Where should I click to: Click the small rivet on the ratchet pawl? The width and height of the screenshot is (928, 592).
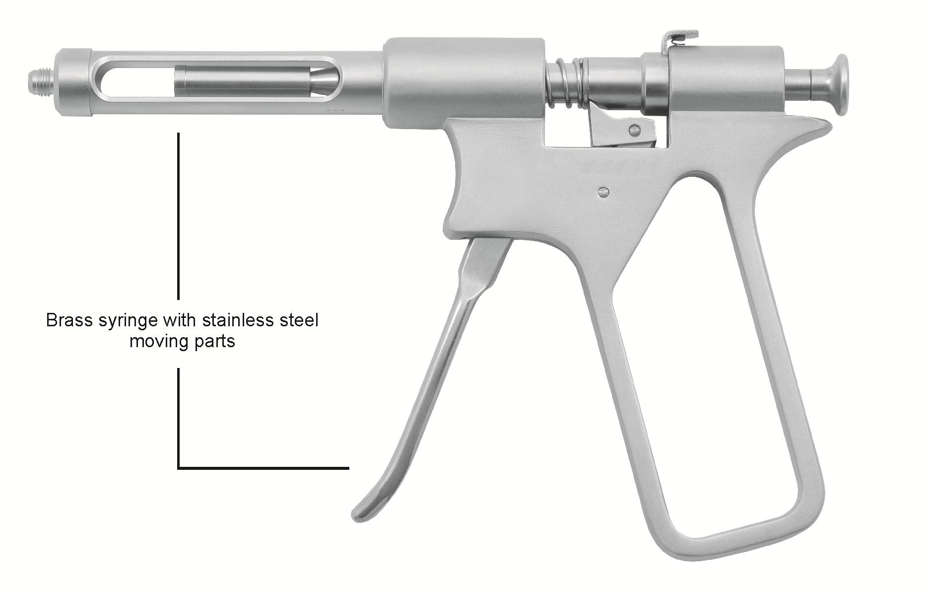pos(633,130)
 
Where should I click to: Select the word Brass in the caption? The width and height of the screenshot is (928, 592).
pos(70,320)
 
